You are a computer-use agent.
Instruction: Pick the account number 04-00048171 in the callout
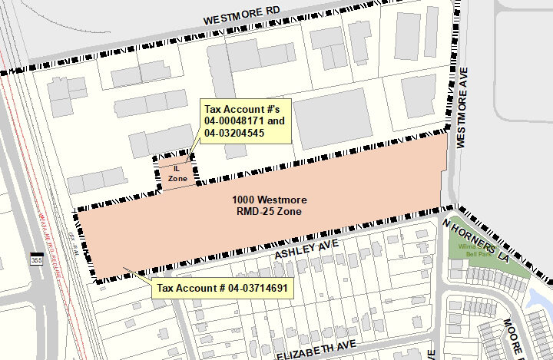pyautogui.click(x=233, y=121)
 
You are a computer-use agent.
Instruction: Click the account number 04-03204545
pyautogui.click(x=234, y=133)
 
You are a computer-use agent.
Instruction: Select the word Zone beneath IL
pyautogui.click(x=177, y=177)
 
